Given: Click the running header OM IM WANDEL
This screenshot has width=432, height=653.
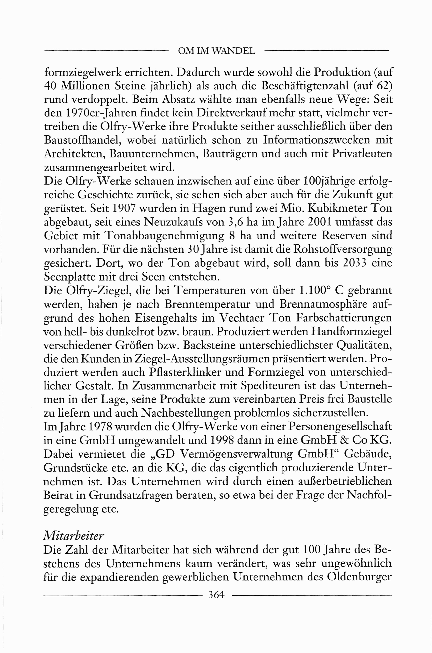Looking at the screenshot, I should point(216,51).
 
